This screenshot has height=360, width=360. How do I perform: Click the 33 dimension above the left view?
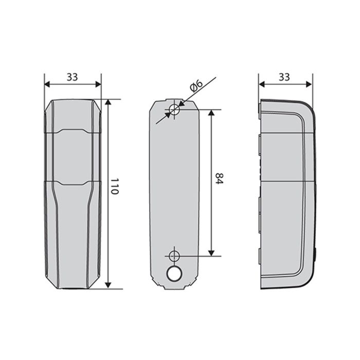point(73,77)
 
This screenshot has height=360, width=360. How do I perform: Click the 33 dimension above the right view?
point(284,77)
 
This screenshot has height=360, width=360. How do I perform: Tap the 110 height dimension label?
point(114,186)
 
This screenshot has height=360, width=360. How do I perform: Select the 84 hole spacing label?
point(219,178)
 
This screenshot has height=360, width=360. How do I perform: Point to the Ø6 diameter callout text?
point(196,86)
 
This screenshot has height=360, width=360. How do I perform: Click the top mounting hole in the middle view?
point(174,110)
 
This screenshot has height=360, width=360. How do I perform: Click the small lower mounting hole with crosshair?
point(174,256)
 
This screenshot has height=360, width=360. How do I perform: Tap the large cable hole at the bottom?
point(174,274)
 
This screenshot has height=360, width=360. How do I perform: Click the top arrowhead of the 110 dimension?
point(108,102)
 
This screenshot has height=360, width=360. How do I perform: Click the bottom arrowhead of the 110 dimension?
point(108,285)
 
